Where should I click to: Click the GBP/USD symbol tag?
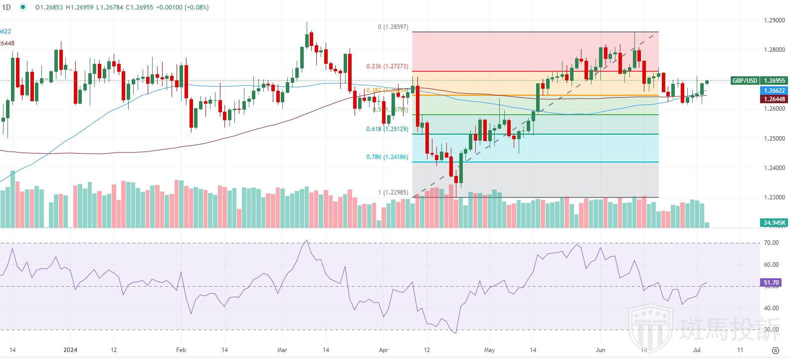point(745,81)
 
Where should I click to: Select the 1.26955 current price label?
point(775,81)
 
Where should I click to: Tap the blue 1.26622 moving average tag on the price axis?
point(775,91)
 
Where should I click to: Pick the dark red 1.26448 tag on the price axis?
point(775,99)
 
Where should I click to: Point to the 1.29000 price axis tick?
point(775,20)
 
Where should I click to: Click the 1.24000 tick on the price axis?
point(775,168)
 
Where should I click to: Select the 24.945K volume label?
point(775,222)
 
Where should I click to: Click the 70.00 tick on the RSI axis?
point(771,243)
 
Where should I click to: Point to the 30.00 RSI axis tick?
point(771,330)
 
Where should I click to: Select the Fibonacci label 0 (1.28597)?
point(393,27)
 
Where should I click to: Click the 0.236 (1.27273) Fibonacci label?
point(387,66)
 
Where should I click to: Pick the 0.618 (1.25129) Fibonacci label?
point(387,129)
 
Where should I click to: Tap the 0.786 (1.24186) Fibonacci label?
point(387,157)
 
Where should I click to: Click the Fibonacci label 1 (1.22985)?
point(393,192)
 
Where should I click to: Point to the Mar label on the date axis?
point(282,350)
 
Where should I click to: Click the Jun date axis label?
point(600,350)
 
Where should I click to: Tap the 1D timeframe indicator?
point(7,7)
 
